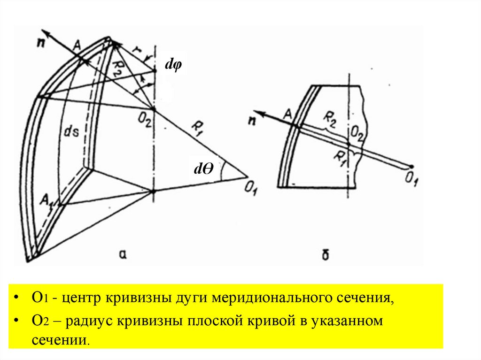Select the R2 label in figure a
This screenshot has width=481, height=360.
click(119, 69)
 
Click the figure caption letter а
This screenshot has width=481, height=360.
click(124, 253)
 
